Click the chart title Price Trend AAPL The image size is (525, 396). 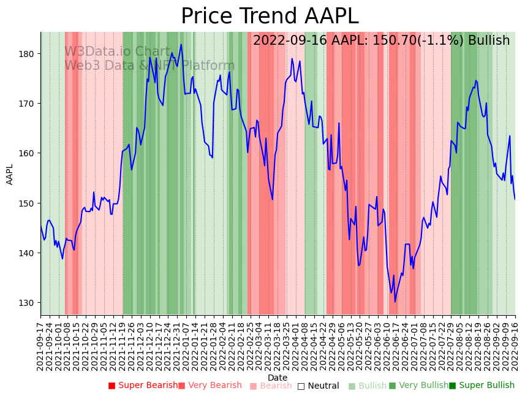(270, 17)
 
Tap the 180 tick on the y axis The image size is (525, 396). (27, 54)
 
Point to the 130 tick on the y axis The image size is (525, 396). (27, 303)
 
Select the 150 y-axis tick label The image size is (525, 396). (27, 203)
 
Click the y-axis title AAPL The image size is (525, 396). (10, 174)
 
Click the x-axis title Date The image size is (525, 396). (278, 378)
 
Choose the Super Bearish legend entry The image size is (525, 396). (143, 386)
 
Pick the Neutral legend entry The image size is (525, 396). (319, 386)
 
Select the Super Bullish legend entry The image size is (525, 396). (482, 386)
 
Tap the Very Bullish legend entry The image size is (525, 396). (419, 386)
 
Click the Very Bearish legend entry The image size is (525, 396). (210, 386)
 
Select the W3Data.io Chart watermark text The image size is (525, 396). (117, 52)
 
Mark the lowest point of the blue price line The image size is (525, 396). (395, 302)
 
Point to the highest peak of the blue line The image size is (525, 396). (181, 44)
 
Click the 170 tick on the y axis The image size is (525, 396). (27, 104)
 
